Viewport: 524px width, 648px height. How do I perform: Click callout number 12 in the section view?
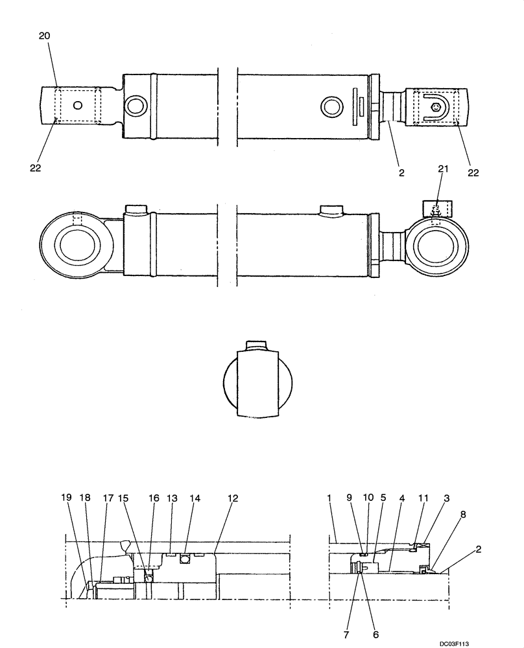click(233, 498)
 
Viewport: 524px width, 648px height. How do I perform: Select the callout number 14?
click(195, 498)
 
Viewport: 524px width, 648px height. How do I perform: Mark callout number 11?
click(423, 498)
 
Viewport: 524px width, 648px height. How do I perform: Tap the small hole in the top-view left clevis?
click(78, 105)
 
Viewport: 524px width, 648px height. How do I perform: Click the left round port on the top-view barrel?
click(137, 106)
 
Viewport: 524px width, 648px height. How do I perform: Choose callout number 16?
click(153, 498)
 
